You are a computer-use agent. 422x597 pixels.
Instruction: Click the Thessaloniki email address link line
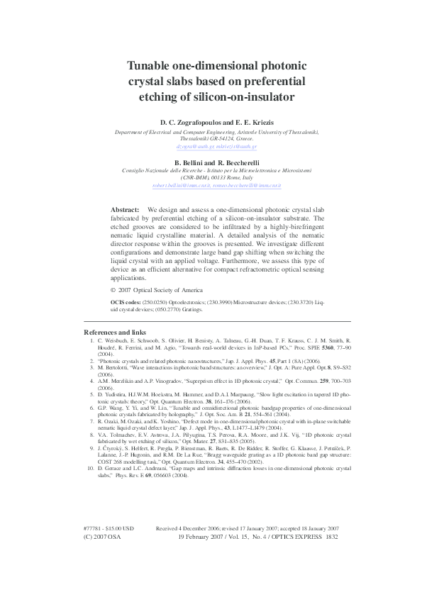pos(211,147)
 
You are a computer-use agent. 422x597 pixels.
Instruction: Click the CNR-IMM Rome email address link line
pos(211,186)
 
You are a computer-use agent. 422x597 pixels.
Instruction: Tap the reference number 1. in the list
pos(92,341)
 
